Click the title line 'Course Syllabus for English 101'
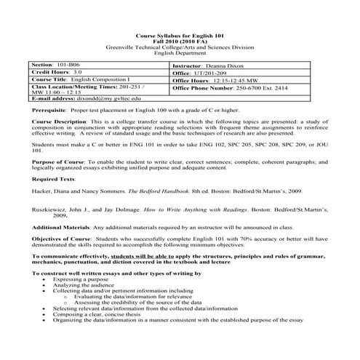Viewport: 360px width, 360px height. click(x=180, y=36)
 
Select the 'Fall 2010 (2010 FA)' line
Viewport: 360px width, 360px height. click(x=180, y=41)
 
